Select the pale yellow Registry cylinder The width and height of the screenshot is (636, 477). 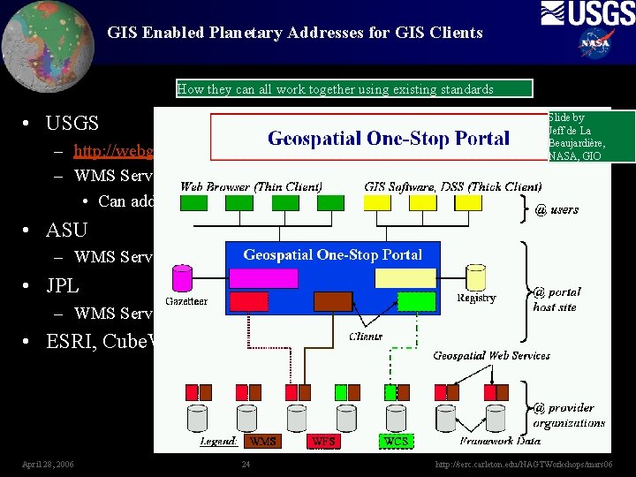point(474,277)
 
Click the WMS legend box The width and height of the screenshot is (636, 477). point(263,439)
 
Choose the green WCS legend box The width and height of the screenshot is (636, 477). point(395,439)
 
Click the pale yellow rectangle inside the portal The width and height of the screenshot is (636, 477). point(405,278)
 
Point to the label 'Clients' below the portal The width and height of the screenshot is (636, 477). point(366,336)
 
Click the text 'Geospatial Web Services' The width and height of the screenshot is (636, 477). point(491,355)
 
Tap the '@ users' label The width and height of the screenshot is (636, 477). point(557,209)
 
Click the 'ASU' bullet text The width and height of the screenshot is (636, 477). point(67,230)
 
